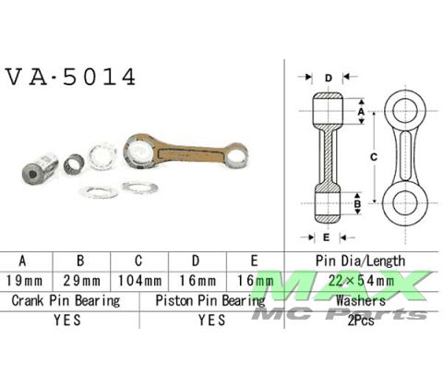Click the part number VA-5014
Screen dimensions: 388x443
click(71, 78)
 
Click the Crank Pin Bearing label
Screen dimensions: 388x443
click(66, 300)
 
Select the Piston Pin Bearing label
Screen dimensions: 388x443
click(211, 300)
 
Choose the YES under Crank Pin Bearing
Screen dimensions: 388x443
click(66, 321)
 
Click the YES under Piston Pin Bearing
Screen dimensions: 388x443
click(211, 321)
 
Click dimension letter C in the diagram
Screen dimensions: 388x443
click(373, 156)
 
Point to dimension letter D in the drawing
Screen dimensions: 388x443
click(329, 79)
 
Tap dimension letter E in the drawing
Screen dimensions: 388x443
click(329, 236)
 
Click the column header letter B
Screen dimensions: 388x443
click(82, 260)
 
